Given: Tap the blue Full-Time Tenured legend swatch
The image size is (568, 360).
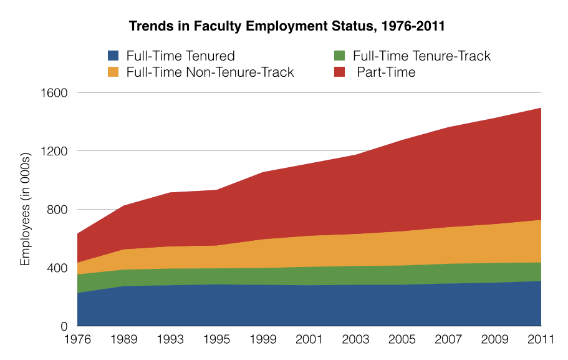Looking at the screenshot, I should click(113, 56).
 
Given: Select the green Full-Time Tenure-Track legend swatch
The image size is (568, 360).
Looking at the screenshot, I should click(341, 56).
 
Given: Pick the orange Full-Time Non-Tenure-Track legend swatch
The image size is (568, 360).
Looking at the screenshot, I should click(113, 72).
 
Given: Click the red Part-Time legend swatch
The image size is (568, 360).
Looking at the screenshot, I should click(341, 72).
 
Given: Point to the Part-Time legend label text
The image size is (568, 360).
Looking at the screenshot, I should click(386, 72).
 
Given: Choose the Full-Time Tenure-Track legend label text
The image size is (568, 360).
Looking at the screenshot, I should click(422, 56).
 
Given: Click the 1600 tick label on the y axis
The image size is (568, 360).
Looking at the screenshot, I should click(54, 93).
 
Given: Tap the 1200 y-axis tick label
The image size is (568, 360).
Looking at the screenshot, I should click(54, 151).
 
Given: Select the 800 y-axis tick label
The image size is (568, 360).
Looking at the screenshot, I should click(57, 210).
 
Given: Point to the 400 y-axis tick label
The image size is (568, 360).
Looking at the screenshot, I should click(57, 268).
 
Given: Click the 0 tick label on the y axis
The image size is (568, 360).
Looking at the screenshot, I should click(64, 326).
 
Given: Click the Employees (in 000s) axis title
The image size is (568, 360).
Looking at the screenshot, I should click(26, 210).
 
